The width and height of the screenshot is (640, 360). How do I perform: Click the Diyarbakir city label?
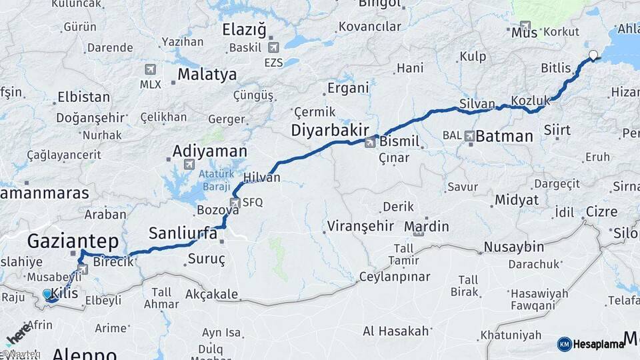click(x=330, y=131)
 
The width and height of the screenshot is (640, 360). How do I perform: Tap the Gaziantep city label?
click(x=73, y=241)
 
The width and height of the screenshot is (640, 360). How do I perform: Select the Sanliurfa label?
click(x=183, y=233)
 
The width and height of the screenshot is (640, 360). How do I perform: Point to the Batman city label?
click(x=505, y=137)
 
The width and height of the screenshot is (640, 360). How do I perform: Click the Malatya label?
click(x=207, y=74)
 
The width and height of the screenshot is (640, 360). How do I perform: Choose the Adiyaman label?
click(x=210, y=151)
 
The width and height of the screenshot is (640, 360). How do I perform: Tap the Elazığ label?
click(x=244, y=30)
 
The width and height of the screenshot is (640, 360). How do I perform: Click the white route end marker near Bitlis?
click(x=593, y=55)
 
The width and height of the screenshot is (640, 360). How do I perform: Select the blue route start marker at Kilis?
click(x=47, y=294)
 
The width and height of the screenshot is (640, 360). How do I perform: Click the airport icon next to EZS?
click(x=273, y=47)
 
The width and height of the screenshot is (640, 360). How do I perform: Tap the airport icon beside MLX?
click(x=150, y=69)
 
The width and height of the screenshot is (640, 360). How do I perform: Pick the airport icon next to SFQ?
click(x=235, y=202)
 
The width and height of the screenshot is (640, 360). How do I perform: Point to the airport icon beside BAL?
click(x=471, y=136)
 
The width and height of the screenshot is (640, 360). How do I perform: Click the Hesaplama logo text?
click(x=598, y=344)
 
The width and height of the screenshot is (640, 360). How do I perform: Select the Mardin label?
click(x=427, y=226)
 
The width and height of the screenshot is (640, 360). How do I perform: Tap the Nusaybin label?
click(x=513, y=247)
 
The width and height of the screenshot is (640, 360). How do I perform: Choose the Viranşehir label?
click(x=360, y=226)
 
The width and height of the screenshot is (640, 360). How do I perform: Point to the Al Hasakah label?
click(x=396, y=331)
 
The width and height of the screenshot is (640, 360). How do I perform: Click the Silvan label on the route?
click(x=477, y=104)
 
